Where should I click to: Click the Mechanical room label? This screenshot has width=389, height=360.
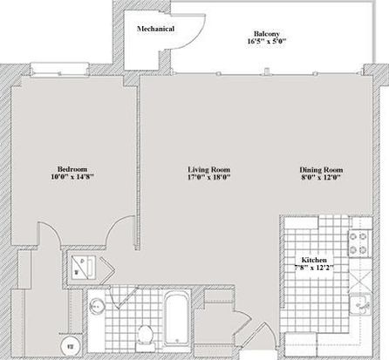point(155,29)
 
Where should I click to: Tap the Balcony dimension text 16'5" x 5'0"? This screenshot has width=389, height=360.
point(267,41)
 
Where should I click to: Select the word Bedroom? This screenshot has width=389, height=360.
point(72,169)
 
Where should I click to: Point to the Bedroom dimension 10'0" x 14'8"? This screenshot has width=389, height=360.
point(72,177)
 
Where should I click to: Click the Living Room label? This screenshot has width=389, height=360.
point(209,169)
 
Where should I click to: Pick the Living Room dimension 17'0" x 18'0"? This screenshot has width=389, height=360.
point(209,177)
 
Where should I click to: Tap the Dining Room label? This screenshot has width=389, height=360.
point(321,170)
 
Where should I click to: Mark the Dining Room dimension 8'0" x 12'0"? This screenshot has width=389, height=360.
point(321,178)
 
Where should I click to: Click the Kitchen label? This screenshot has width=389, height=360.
point(314,260)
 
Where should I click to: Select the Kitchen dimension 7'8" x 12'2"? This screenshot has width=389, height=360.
point(314,268)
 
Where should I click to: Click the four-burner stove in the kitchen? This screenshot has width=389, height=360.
point(360,243)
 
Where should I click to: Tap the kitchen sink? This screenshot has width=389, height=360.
point(360,304)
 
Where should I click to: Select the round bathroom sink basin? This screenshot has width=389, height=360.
point(97,306)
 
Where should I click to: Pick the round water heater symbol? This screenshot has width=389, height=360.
point(70,346)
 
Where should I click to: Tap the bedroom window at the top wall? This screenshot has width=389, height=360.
point(59,70)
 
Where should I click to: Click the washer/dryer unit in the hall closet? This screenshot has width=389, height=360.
point(84,268)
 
